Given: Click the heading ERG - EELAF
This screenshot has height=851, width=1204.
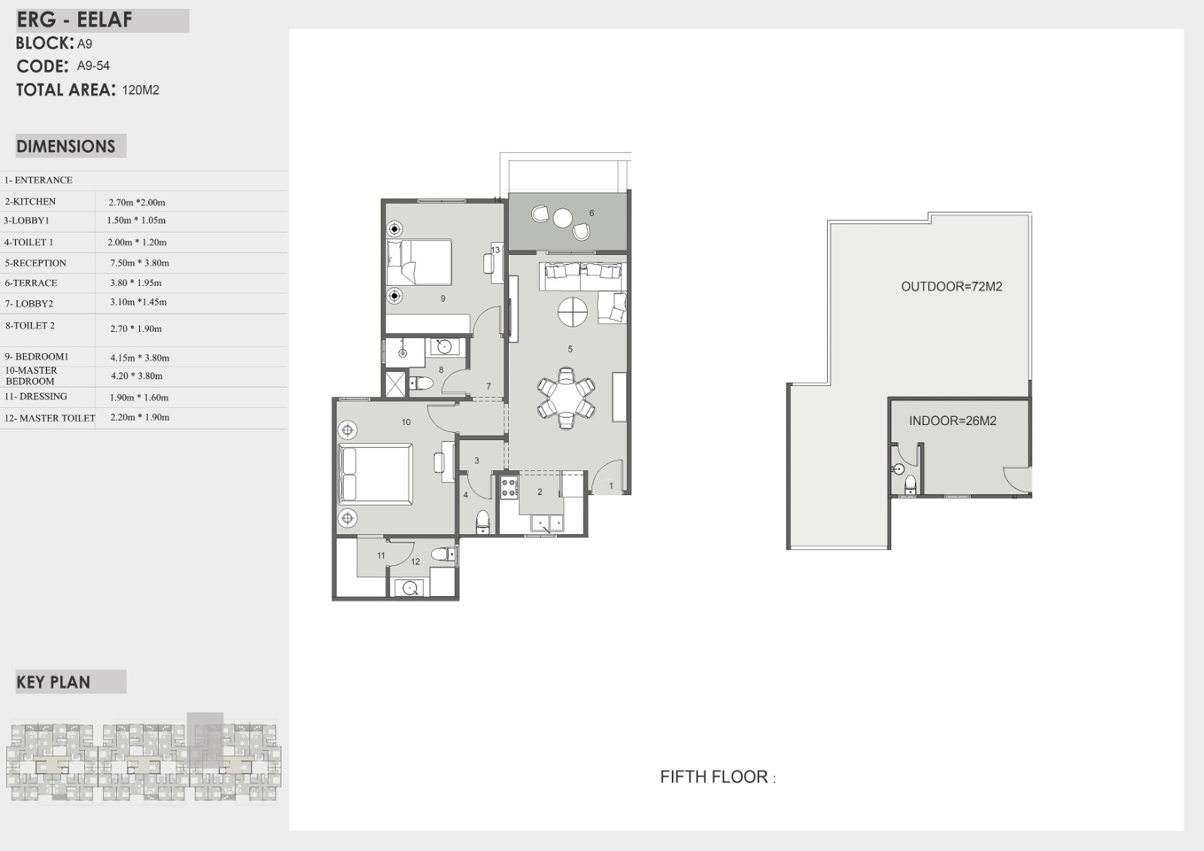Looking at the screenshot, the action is [x=74, y=20].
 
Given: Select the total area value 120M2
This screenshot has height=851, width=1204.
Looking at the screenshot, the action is [x=141, y=90].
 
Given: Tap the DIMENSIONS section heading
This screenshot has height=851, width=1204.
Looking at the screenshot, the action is [x=65, y=146].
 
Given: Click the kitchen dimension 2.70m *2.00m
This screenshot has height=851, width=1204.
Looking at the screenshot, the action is [x=136, y=202].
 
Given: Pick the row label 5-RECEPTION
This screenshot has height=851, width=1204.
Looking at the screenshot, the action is [x=35, y=263].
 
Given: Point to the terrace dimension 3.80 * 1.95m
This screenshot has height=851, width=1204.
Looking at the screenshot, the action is [x=135, y=283].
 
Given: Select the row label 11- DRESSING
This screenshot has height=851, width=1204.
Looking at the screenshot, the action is [x=35, y=397].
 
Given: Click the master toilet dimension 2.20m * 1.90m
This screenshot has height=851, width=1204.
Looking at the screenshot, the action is [x=140, y=417].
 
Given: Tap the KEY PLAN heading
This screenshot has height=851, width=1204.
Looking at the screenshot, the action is [x=53, y=682].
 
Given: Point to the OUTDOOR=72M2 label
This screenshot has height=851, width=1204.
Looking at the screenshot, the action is [x=951, y=287].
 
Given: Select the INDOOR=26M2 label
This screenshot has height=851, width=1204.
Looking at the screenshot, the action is [x=953, y=421].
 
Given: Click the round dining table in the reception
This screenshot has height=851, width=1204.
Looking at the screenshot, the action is [x=566, y=397].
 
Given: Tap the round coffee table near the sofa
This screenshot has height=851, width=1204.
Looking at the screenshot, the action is [x=573, y=312].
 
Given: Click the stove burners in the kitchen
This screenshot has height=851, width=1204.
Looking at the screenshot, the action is [x=509, y=487].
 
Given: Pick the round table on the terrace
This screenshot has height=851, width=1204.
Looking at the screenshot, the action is [x=563, y=218].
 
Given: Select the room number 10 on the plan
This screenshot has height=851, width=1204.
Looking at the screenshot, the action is [x=406, y=423].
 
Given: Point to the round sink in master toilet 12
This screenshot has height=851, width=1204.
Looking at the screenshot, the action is [x=409, y=588].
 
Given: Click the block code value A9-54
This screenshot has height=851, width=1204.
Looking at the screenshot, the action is [x=93, y=65].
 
